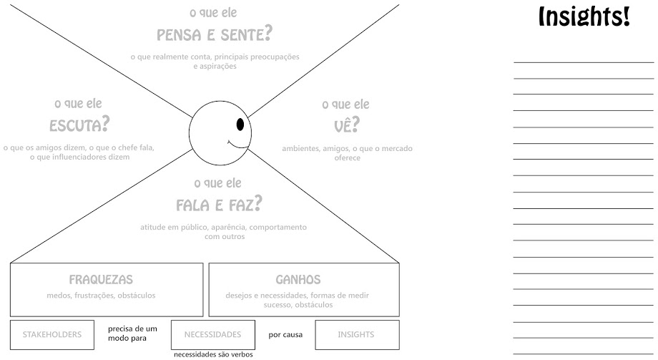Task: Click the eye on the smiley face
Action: point(240,125)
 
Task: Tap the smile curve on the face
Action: point(237,145)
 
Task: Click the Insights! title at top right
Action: point(584,16)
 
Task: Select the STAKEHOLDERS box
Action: point(52,335)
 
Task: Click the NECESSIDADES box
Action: point(212,335)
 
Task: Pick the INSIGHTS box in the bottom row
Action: point(357,335)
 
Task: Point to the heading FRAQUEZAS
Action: point(101,280)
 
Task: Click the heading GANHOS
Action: point(298,280)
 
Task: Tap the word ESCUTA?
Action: point(79,125)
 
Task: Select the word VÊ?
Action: point(347,125)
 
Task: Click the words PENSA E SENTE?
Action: point(215,34)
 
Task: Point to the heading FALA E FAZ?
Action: point(219,205)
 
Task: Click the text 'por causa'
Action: point(285,335)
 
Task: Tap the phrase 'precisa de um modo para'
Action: point(132,334)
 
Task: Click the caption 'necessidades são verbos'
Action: point(213,354)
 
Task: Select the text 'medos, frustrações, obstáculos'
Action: point(101,296)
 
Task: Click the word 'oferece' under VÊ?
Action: point(348,158)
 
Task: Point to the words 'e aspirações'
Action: point(215,67)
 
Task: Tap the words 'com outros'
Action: point(225,236)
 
